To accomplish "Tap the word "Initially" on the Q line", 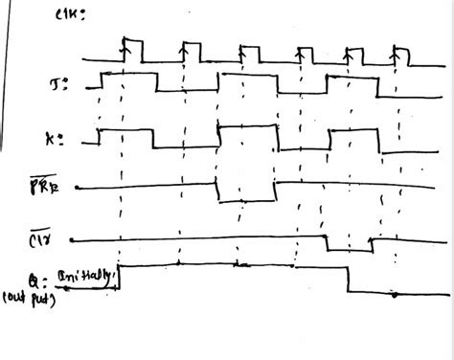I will coord(88,275).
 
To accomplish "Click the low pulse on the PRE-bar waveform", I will coord(248,192).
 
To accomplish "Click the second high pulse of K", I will coord(249,134).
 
